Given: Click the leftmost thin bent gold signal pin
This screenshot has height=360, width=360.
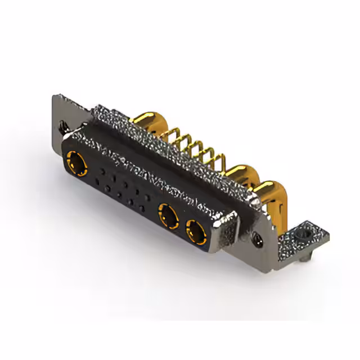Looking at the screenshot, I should [x=168, y=135].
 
